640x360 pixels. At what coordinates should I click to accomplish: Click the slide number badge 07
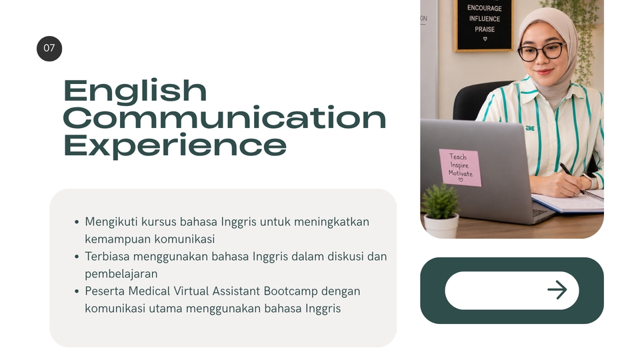tap(49, 49)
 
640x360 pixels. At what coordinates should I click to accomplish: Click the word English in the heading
tap(135, 92)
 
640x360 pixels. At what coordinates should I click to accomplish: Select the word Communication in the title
tap(225, 117)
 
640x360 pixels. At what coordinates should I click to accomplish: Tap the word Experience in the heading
tap(175, 146)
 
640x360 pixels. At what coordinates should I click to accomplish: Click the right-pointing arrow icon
tap(557, 290)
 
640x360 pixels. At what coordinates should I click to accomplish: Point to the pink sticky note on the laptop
tap(460, 168)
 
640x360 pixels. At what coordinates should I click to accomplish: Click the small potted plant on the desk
tap(441, 211)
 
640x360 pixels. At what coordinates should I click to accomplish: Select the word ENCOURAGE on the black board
tap(485, 8)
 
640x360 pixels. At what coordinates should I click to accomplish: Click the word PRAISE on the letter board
tap(485, 29)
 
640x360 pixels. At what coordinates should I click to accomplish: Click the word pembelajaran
tap(121, 274)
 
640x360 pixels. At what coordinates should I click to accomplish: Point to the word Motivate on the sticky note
tap(461, 173)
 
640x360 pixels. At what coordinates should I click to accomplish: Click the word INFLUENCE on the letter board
tap(485, 19)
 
